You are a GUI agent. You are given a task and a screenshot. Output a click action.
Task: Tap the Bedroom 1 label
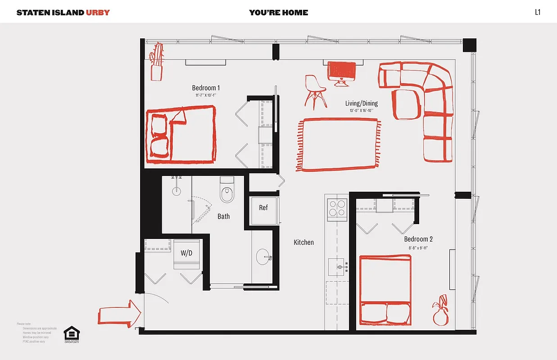click(x=206, y=88)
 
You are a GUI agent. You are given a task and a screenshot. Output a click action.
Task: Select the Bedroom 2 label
click(x=418, y=239)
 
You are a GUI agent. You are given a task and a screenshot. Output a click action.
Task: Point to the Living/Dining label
click(x=361, y=103)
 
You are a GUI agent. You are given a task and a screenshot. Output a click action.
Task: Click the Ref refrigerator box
click(x=263, y=208)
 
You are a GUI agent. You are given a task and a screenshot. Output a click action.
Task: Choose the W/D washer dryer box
click(x=186, y=253)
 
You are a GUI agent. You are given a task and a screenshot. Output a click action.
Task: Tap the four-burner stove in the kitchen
click(x=336, y=208)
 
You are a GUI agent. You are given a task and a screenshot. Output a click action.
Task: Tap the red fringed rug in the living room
click(x=338, y=145)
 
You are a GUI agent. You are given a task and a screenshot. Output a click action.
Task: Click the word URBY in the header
click(x=98, y=12)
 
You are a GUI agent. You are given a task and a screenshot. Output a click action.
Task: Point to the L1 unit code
click(x=537, y=12)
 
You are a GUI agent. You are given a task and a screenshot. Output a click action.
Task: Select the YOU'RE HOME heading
click(x=278, y=12)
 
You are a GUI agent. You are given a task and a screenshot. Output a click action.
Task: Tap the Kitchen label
click(x=304, y=243)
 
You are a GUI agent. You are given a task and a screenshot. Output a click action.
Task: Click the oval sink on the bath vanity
click(x=263, y=258)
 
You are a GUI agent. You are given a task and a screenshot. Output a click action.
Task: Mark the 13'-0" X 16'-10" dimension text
click(x=361, y=111)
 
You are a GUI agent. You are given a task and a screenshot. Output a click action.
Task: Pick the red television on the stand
click(x=342, y=72)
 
